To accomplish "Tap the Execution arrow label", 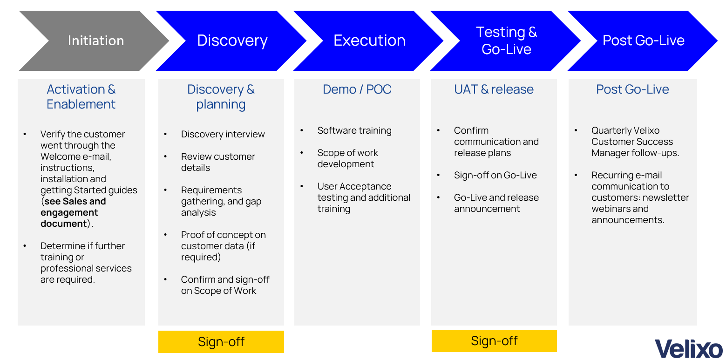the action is [369, 41].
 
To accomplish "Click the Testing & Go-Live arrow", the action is [506, 41].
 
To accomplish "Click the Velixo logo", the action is [688, 349].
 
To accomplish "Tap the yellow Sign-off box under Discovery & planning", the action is [221, 342].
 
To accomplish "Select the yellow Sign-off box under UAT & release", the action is [494, 341].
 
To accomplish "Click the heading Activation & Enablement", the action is [81, 96].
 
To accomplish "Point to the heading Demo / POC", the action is [357, 89].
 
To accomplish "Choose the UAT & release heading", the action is [494, 89].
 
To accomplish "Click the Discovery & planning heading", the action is [221, 96].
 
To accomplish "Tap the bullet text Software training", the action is [354, 130].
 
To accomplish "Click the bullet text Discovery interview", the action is [223, 134].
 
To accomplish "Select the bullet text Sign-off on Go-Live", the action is [495, 175].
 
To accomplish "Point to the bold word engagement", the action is [69, 212].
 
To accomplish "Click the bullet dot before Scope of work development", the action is [302, 153].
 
